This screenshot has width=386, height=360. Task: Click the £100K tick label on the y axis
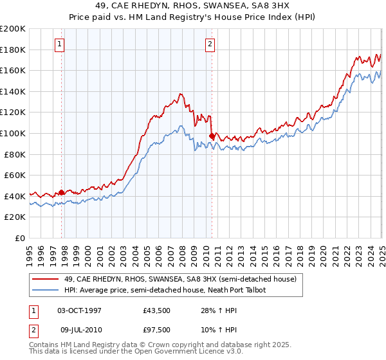click(13, 133)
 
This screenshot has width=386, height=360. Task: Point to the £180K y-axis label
click(13, 50)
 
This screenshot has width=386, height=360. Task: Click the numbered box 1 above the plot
click(59, 44)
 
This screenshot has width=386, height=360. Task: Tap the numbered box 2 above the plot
click(210, 44)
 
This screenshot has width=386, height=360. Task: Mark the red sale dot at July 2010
click(212, 136)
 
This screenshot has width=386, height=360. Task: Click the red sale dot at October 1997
click(62, 192)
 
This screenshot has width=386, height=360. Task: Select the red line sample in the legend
click(46, 279)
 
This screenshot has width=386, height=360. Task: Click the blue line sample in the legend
click(46, 290)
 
